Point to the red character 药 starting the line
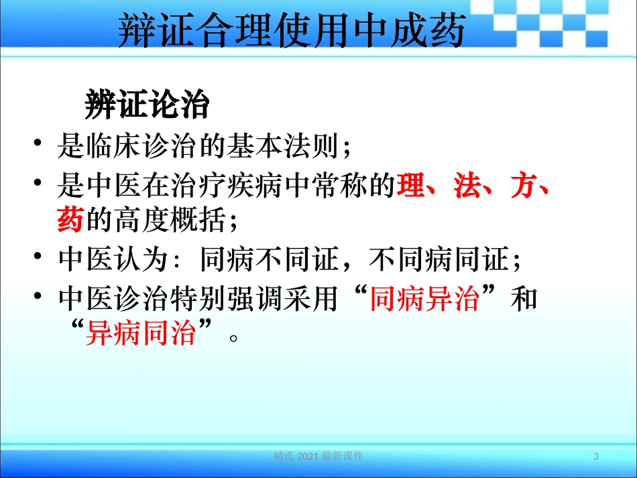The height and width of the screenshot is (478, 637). (x=70, y=220)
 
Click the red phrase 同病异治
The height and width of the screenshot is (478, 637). (x=424, y=298)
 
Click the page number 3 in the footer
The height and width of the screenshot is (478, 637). (x=595, y=457)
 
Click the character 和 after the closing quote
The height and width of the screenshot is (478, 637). (x=524, y=298)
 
